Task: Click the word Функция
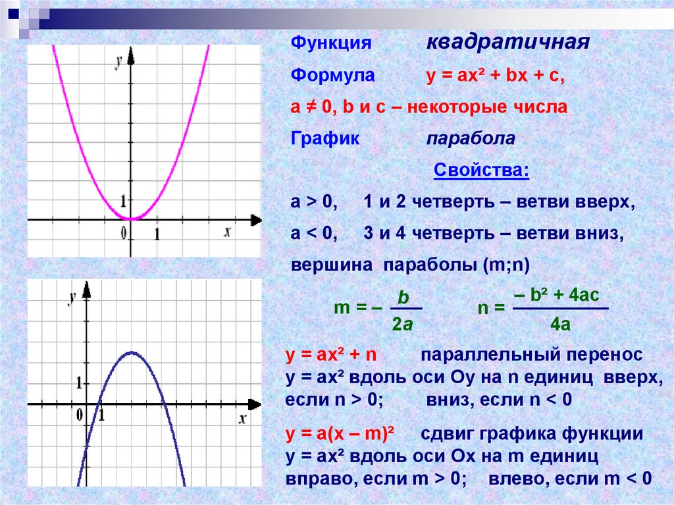(331, 43)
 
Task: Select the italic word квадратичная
(507, 42)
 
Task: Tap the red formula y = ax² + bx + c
(495, 76)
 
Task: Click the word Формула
(332, 75)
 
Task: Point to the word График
(325, 138)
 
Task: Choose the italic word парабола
(471, 138)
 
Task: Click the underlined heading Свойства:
(481, 170)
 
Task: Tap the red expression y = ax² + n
(331, 355)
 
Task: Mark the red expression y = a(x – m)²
(340, 434)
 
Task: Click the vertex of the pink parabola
(132, 219)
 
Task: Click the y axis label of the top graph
(118, 61)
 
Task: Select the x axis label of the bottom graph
(242, 419)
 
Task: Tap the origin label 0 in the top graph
(124, 234)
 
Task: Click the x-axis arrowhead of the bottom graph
(255, 404)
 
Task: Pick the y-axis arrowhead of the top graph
(131, 57)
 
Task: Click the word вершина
(332, 265)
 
